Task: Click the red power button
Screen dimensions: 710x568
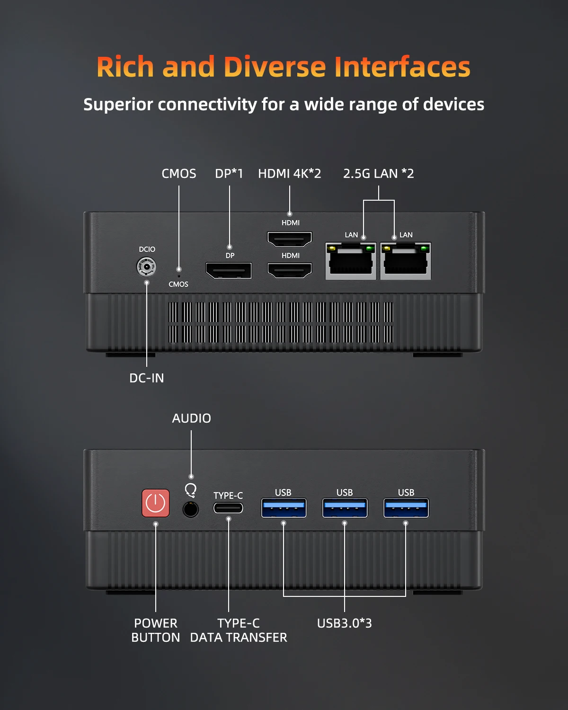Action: click(x=156, y=503)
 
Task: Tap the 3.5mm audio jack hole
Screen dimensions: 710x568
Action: click(x=190, y=509)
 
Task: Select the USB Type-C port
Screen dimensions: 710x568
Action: click(x=228, y=508)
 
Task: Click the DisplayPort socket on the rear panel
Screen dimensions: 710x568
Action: click(x=229, y=271)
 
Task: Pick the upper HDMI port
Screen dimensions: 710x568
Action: click(x=290, y=239)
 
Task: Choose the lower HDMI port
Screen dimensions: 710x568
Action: click(x=290, y=270)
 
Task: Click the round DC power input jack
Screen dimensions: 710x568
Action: click(x=147, y=267)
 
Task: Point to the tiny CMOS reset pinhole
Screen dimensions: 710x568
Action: click(x=179, y=275)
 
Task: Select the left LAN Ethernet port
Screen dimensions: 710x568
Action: click(x=351, y=261)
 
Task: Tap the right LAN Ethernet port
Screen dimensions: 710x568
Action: click(x=406, y=261)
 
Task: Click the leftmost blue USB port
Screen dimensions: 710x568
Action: click(x=284, y=508)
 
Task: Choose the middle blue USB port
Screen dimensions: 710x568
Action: click(x=345, y=508)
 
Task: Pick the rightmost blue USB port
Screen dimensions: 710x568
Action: click(x=406, y=508)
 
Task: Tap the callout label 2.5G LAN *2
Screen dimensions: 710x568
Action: click(x=378, y=174)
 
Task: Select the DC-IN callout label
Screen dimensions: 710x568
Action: click(x=147, y=378)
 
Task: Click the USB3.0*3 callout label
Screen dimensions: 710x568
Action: click(x=344, y=623)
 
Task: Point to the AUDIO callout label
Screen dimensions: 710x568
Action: click(x=191, y=418)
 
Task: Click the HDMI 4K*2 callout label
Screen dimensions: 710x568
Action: click(x=289, y=174)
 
